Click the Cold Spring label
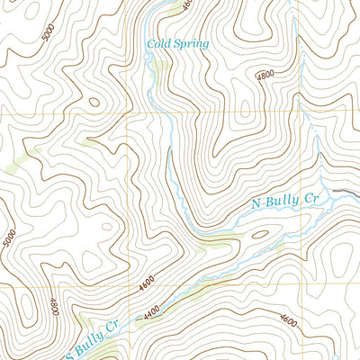pyautogui.click(x=178, y=42)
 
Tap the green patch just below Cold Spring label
pyautogui.click(x=159, y=67)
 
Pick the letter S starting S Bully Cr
pyautogui.click(x=68, y=349)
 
